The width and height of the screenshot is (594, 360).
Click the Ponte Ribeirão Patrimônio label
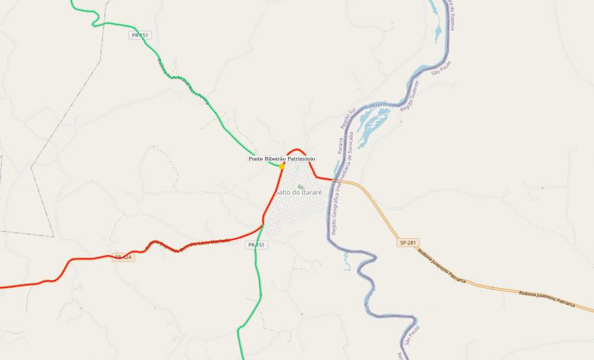pyautogui.click(x=282, y=158)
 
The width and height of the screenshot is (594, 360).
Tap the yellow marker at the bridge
pyautogui.click(x=282, y=166)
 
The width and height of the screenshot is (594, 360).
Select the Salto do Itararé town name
pyautogui.click(x=299, y=192)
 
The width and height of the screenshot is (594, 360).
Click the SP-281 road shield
pyautogui.click(x=407, y=243)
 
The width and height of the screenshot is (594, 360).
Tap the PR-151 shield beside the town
pyautogui.click(x=256, y=245)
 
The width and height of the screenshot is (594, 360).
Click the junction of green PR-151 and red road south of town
pyautogui.click(x=263, y=225)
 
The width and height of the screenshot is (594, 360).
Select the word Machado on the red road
pyautogui.click(x=219, y=241)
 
